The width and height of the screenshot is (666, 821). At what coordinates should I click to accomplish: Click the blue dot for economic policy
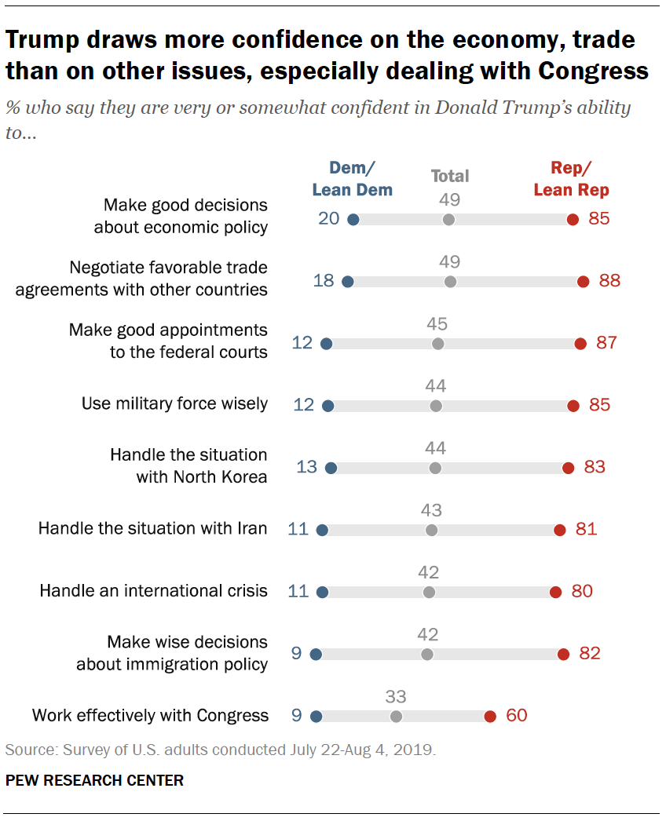click(x=353, y=220)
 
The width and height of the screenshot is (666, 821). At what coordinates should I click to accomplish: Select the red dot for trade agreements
click(x=583, y=282)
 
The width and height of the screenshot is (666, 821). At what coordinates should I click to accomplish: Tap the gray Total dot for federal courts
click(x=438, y=344)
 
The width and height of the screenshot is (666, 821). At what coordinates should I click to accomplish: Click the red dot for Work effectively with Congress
click(x=490, y=716)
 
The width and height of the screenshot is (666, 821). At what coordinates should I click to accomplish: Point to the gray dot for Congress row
click(x=396, y=716)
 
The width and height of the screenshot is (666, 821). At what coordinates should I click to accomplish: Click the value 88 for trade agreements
click(x=609, y=281)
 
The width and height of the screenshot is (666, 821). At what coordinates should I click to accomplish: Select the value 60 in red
click(x=516, y=715)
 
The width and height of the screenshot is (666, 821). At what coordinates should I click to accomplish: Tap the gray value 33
click(x=396, y=696)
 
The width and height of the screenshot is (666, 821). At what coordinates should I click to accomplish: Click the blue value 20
click(x=329, y=219)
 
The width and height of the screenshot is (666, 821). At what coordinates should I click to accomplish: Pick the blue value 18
click(x=324, y=281)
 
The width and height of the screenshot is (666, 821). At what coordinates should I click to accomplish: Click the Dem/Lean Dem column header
click(x=352, y=179)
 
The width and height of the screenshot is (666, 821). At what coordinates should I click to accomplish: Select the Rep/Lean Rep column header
click(x=571, y=179)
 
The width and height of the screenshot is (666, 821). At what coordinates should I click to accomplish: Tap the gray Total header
click(x=450, y=177)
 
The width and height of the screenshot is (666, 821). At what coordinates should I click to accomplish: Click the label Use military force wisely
click(x=174, y=404)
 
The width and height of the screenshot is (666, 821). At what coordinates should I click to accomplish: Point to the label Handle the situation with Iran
click(x=153, y=528)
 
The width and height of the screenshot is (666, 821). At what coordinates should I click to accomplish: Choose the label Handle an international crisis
click(x=154, y=590)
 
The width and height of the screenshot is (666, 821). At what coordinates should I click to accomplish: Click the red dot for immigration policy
click(x=562, y=654)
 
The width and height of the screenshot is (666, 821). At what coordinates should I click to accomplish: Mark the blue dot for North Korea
click(x=331, y=468)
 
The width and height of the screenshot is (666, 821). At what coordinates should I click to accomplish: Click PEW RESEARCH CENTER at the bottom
click(x=94, y=781)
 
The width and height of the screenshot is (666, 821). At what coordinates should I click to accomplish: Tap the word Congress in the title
click(x=593, y=71)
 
